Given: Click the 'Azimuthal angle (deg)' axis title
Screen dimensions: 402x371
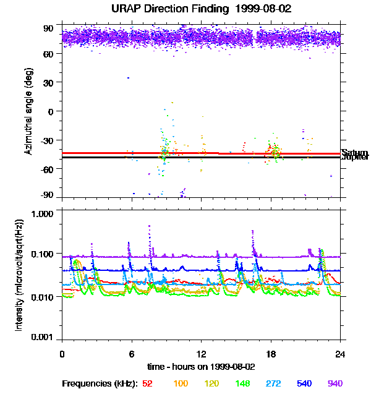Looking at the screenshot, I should coord(28,112).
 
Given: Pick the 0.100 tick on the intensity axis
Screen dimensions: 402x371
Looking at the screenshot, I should coord(45,254).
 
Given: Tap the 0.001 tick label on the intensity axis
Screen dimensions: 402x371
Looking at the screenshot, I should coord(45,338).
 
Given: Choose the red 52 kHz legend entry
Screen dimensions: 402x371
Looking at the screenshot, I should coord(147,384).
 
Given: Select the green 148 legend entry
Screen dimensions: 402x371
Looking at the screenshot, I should coord(242,384).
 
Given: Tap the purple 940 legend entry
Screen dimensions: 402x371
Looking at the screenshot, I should coord(335,384).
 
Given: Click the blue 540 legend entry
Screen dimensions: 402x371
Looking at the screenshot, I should coord(305,384).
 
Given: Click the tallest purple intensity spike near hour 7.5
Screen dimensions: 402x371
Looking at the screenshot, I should coord(150,227).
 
